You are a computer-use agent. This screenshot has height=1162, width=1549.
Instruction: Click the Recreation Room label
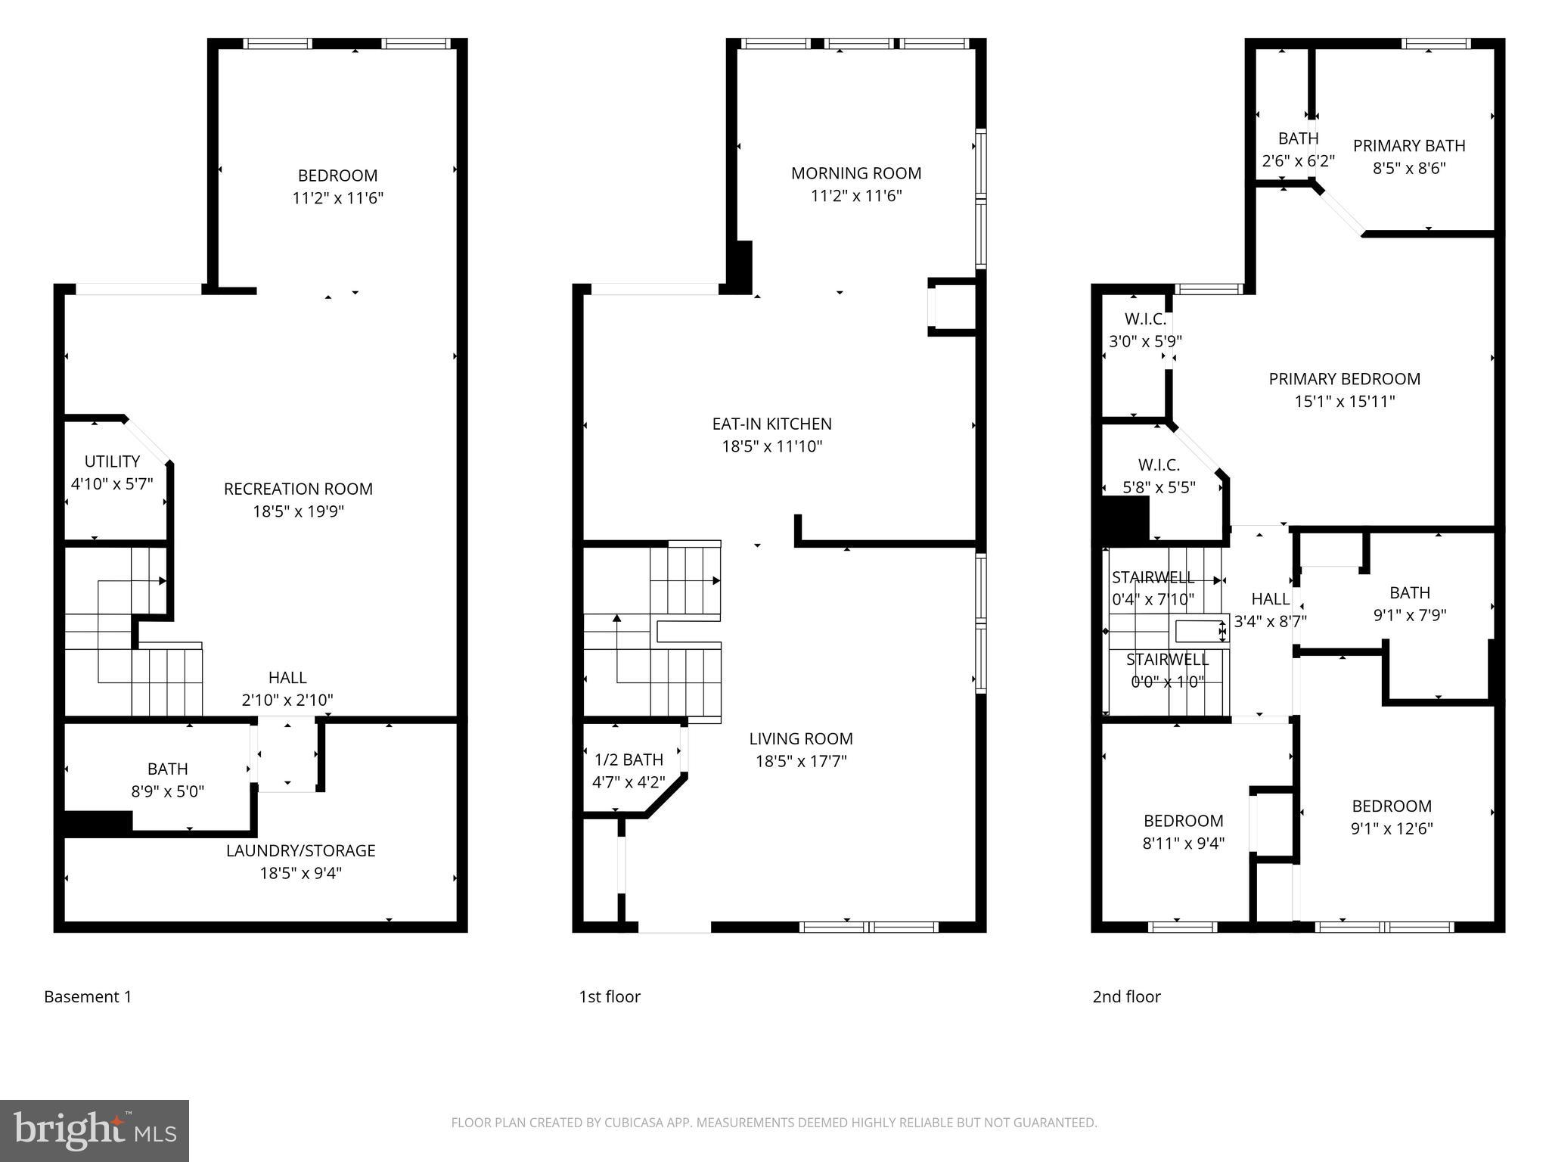pyautogui.click(x=298, y=489)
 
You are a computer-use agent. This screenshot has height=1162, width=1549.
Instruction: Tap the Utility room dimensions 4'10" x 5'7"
pyautogui.click(x=112, y=484)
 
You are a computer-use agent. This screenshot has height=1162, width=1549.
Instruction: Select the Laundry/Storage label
pyautogui.click(x=300, y=850)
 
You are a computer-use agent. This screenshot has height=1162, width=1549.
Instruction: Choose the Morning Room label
pyautogui.click(x=856, y=173)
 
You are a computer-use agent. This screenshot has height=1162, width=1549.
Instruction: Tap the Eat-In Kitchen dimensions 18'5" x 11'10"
pyautogui.click(x=771, y=446)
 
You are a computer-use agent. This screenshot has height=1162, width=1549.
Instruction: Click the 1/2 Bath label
pyautogui.click(x=629, y=760)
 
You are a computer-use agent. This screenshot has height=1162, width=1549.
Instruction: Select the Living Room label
pyautogui.click(x=801, y=739)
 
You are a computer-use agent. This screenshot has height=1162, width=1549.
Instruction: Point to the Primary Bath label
pyautogui.click(x=1409, y=146)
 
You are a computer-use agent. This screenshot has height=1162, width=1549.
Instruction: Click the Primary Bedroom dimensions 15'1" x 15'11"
pyautogui.click(x=1344, y=402)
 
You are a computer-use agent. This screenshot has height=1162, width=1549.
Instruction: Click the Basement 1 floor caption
pyautogui.click(x=88, y=997)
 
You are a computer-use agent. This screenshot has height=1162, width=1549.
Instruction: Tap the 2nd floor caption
pyautogui.click(x=1126, y=997)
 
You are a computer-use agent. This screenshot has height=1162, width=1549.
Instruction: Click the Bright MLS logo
pyautogui.click(x=95, y=1130)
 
